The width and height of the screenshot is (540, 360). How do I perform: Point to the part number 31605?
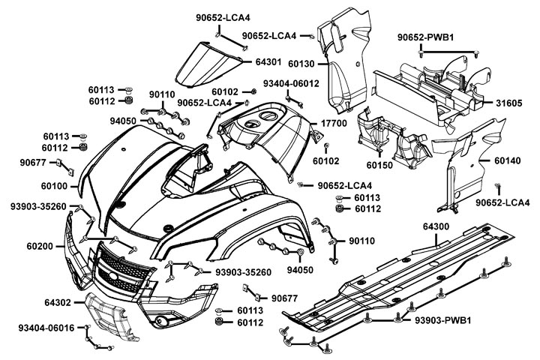pos(508,102)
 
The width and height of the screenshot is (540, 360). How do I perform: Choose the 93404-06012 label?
pos(291,83)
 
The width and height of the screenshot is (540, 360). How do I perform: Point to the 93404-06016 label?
pos(46,328)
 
